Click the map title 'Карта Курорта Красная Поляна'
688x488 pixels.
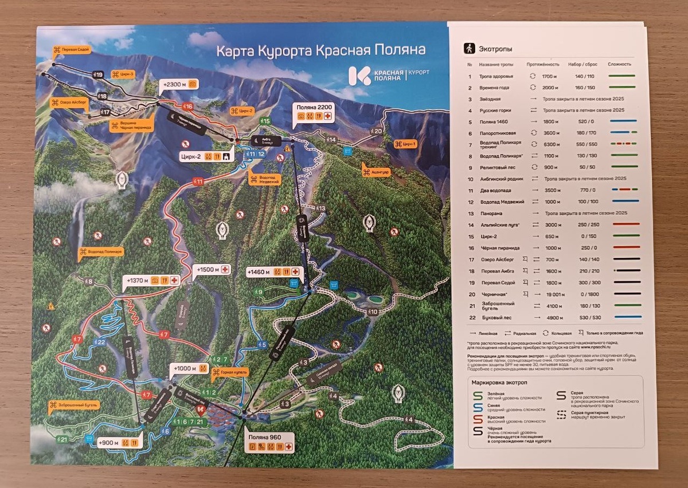click(x=320, y=51)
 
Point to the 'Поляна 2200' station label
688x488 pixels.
click(x=315, y=107)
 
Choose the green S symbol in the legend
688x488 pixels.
click(x=477, y=395)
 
